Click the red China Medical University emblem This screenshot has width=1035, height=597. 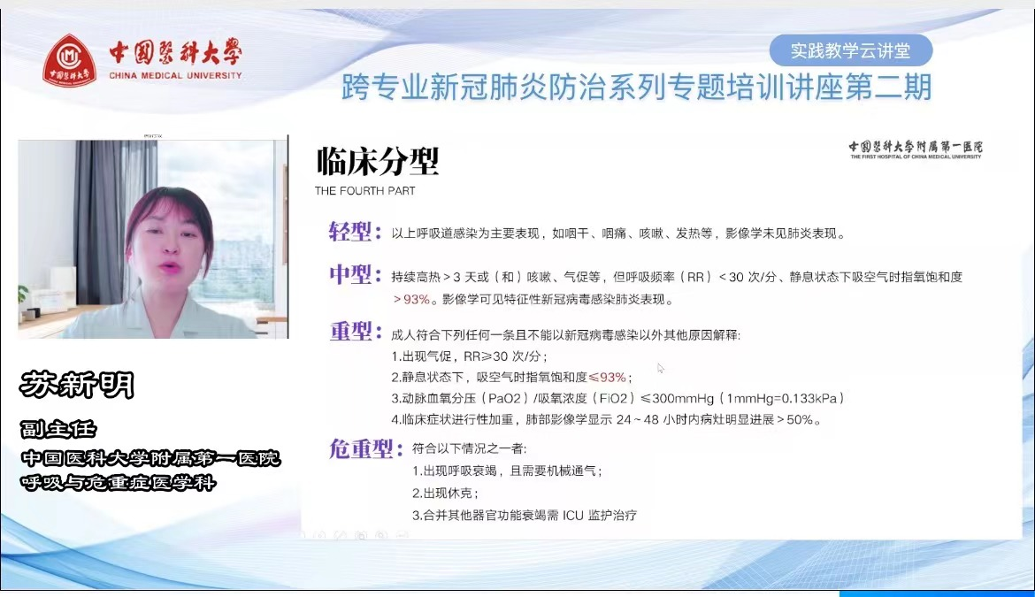(69, 61)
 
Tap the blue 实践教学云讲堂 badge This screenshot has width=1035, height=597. (851, 50)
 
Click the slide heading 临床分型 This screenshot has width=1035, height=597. (378, 161)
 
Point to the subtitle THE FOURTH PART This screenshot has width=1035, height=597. (365, 191)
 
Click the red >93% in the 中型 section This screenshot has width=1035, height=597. (412, 300)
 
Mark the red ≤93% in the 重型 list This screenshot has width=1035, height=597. (607, 378)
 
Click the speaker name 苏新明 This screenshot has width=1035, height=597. (77, 385)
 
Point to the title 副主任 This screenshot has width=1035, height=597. (58, 430)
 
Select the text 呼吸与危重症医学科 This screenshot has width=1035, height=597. (119, 483)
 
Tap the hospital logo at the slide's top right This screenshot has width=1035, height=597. (916, 149)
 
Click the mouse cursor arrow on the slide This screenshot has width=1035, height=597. (660, 368)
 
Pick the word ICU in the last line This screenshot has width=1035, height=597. (573, 516)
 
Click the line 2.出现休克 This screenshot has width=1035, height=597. (445, 493)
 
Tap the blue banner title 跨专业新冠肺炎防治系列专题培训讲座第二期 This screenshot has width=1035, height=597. (636, 88)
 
